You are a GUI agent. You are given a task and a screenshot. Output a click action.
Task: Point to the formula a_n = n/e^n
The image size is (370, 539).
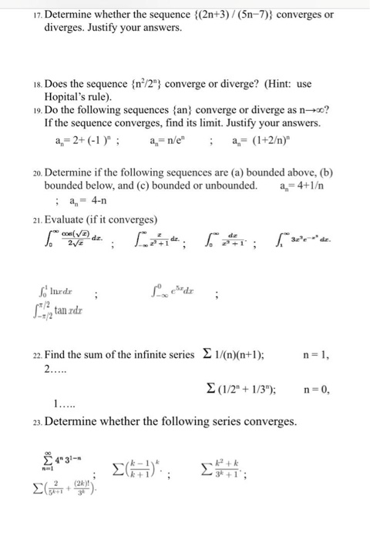point(173,143)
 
